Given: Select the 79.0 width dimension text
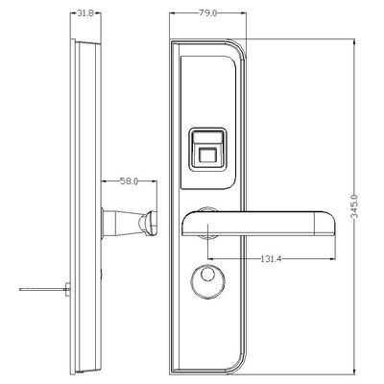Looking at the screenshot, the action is click(208, 13).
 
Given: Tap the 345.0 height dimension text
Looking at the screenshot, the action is click(354, 206).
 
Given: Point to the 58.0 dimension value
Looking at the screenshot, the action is click(129, 181).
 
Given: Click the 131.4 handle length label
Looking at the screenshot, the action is click(271, 258).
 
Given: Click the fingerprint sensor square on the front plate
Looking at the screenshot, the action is click(206, 156).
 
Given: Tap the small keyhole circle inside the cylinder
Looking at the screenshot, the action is click(206, 274).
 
